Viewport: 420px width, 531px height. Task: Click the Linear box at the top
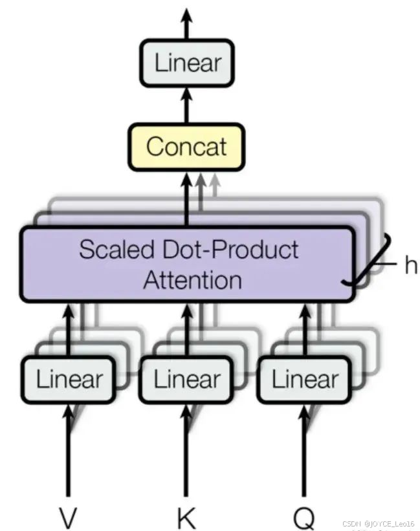pyautogui.click(x=187, y=63)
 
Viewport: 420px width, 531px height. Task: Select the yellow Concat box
pyautogui.click(x=187, y=146)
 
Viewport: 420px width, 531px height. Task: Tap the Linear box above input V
pyautogui.click(x=68, y=379)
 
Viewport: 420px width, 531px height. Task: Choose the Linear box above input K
pyautogui.click(x=186, y=379)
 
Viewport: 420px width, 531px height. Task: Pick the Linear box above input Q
pyautogui.click(x=304, y=379)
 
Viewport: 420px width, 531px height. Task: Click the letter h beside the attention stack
pyautogui.click(x=410, y=265)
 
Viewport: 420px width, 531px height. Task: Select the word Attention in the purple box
pyautogui.click(x=192, y=280)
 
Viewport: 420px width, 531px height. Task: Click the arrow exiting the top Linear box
pyautogui.click(x=187, y=23)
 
